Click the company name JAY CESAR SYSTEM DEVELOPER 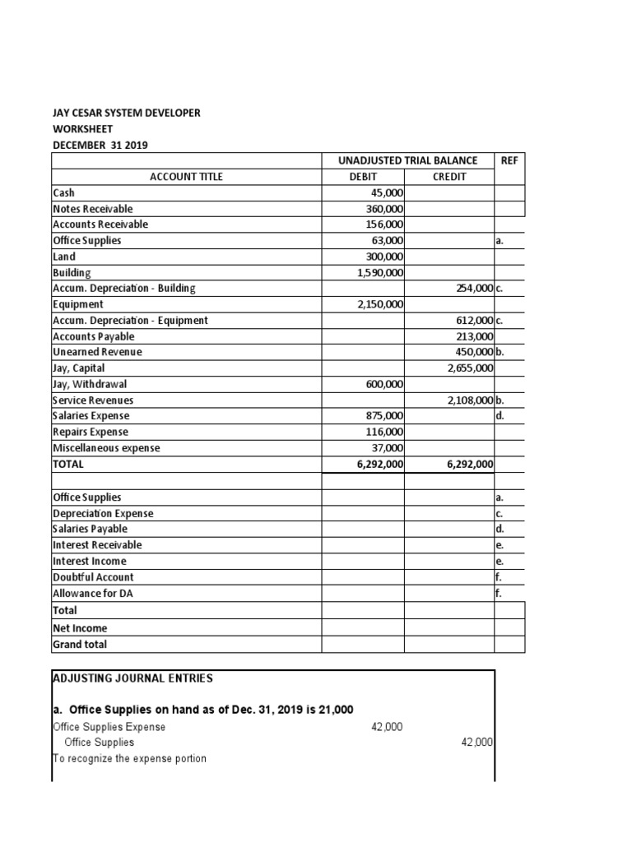[x=126, y=113]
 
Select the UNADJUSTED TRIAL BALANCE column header [x=407, y=160]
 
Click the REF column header [x=509, y=160]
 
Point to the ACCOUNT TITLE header [x=186, y=177]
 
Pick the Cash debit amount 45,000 [x=387, y=192]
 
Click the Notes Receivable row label [x=92, y=209]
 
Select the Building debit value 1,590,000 [x=380, y=272]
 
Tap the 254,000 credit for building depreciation [x=473, y=289]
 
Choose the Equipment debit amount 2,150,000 [x=380, y=304]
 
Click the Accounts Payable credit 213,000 [x=473, y=336]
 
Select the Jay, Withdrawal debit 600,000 [x=383, y=384]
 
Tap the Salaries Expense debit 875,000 [x=383, y=416]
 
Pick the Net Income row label [x=80, y=628]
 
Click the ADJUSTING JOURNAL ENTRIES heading [x=132, y=678]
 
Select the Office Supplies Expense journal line [x=109, y=727]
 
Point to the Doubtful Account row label [x=92, y=577]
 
